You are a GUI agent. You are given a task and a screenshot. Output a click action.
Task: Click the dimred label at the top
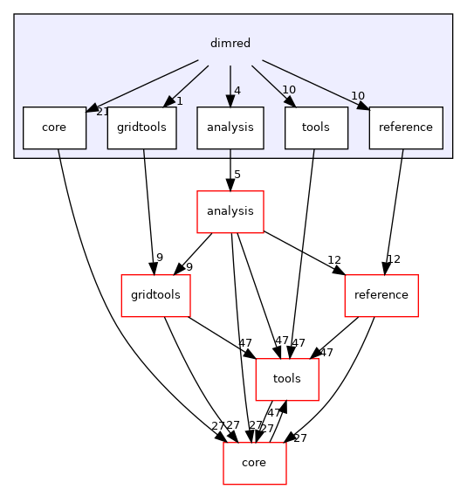(x=230, y=42)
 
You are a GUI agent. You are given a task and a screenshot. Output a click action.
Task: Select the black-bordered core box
(x=54, y=127)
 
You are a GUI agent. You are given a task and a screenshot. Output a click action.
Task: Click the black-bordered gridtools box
(x=141, y=127)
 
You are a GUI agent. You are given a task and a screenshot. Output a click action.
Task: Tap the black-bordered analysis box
(x=230, y=127)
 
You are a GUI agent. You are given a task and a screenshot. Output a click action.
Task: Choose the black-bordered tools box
(x=315, y=127)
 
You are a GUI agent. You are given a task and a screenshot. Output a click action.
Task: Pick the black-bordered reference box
(x=405, y=127)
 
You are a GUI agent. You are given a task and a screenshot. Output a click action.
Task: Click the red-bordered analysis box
(x=230, y=211)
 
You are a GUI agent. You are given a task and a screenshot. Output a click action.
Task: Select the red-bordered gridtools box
(x=155, y=295)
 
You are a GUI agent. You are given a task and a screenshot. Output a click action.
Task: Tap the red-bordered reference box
(x=381, y=295)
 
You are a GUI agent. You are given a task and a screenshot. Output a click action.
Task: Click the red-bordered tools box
(x=286, y=379)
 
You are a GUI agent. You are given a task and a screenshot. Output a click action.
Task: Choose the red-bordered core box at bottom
(x=255, y=463)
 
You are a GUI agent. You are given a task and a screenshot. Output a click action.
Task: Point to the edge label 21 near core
(x=101, y=112)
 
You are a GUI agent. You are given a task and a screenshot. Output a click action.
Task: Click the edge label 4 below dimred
(x=237, y=90)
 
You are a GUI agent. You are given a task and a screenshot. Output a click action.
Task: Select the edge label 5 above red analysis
(x=237, y=174)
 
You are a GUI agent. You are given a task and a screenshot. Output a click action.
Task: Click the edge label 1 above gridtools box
(x=179, y=101)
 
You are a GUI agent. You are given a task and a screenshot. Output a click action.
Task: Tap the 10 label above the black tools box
(x=288, y=91)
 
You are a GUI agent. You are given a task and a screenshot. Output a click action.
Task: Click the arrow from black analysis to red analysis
(x=230, y=166)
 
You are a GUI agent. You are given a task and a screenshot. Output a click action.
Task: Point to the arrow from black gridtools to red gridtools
(x=148, y=210)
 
